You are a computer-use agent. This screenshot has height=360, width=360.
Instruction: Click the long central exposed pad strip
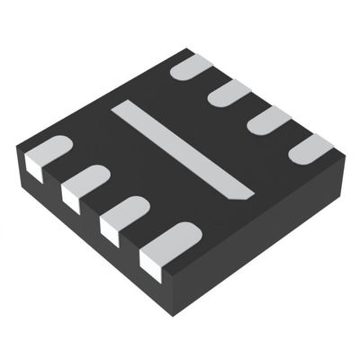pos(180,149)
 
